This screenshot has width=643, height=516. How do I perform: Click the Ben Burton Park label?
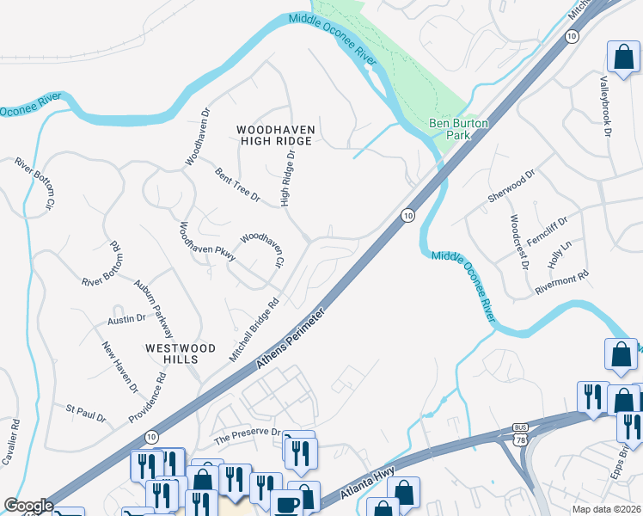pos(460,129)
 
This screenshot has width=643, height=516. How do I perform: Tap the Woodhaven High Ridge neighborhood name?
pos(276,136)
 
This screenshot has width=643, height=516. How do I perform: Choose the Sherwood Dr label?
pos(511,185)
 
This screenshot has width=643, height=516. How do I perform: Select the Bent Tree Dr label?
pos(237,186)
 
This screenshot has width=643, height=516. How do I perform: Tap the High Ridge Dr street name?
pos(287,179)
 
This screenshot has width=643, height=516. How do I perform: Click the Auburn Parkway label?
pos(154,308)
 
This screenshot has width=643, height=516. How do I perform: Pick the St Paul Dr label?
pos(86,411)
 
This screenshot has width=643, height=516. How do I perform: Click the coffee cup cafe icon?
pos(286,504)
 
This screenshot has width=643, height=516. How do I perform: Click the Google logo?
pos(28,507)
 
